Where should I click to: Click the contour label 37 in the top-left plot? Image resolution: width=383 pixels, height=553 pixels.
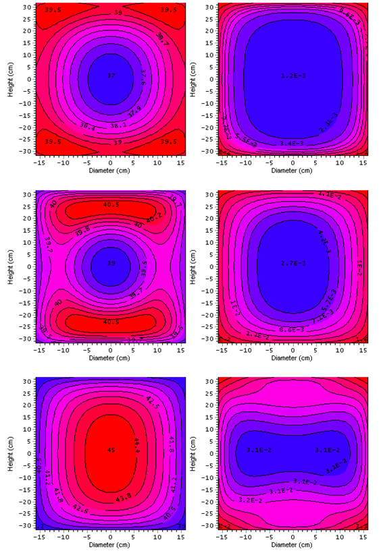[111, 76]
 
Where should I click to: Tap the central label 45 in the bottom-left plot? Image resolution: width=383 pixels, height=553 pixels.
[111, 449]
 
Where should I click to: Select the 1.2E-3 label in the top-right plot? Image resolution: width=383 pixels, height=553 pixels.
[292, 76]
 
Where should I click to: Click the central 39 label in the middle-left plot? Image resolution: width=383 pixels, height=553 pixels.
[111, 262]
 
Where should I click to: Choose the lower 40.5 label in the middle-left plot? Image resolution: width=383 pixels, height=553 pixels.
[111, 322]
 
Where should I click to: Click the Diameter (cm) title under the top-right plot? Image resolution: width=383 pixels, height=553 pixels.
[292, 171]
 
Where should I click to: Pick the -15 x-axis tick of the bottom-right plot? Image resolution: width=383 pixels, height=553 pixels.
[221, 536]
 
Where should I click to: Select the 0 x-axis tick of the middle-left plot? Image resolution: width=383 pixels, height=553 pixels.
[111, 349]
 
